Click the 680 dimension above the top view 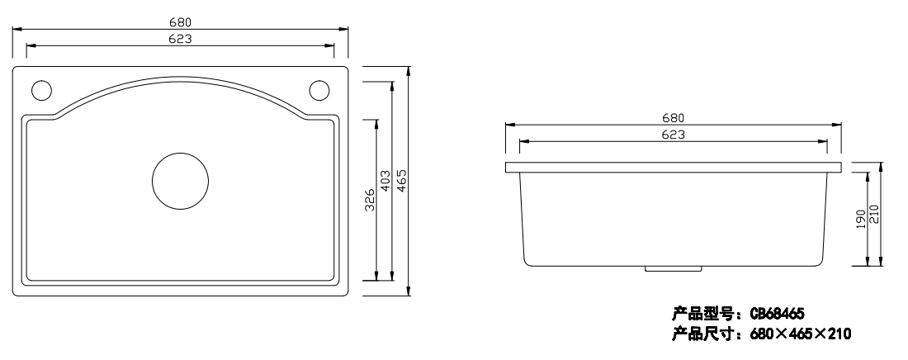[180, 22]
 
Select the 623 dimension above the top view [180, 40]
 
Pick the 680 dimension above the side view [673, 118]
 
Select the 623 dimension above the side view [673, 135]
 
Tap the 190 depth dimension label [860, 219]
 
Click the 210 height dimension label [874, 215]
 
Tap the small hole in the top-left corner [42, 91]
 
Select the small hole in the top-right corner [319, 91]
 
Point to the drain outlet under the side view [674, 268]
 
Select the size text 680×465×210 [801, 334]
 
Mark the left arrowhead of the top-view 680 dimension [17, 28]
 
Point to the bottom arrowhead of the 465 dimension [409, 291]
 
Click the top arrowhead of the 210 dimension [881, 167]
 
